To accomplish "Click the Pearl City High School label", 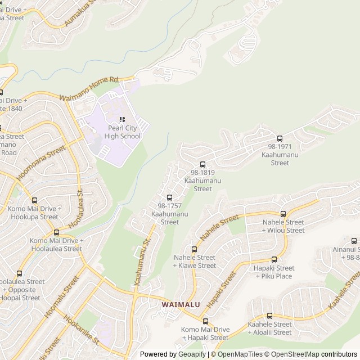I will click(x=119, y=132).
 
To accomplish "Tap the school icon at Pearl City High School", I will click(x=122, y=119).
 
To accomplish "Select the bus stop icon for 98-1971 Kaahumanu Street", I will click(x=280, y=139).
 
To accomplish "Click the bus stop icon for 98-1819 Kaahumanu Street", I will click(x=202, y=164).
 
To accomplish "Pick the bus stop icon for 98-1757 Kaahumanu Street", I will click(x=169, y=197).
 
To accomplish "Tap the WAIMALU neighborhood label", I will click(x=179, y=304).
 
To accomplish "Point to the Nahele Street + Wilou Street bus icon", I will click(x=283, y=214).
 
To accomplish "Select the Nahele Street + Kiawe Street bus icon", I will click(x=195, y=249).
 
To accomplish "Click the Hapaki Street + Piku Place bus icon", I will click(x=274, y=260).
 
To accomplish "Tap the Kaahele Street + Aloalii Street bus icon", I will click(x=269, y=316).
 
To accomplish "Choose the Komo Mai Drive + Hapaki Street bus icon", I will click(x=205, y=321).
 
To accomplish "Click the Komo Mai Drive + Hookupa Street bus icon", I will click(x=35, y=200).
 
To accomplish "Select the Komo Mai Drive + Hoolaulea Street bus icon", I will click(x=56, y=232).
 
